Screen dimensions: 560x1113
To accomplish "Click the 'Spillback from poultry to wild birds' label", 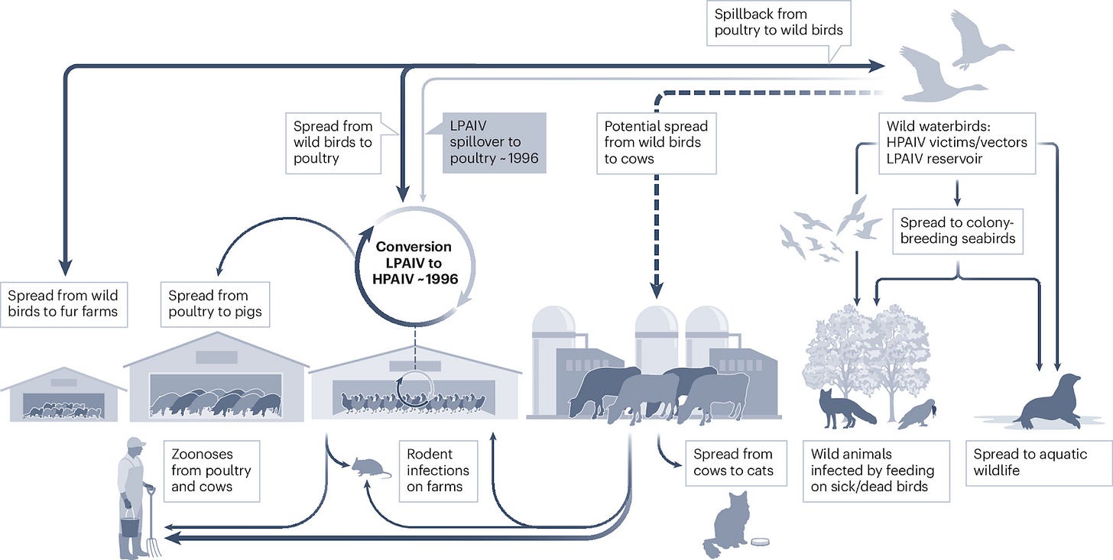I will click(778, 23).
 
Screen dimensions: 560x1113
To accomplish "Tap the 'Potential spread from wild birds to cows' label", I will click(656, 142).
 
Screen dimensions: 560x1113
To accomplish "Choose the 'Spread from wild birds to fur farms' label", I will click(63, 303).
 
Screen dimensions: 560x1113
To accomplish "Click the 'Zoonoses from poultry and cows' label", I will click(211, 469).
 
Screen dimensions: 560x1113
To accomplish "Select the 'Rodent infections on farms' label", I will click(438, 471).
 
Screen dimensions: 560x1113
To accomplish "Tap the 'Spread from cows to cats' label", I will click(733, 462).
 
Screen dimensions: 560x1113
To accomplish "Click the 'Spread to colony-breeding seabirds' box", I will click(957, 231).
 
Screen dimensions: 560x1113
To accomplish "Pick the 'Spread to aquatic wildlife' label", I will click(1030, 462).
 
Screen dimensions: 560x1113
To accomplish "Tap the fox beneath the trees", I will click(844, 407).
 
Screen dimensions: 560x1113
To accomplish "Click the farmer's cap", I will click(136, 442).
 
